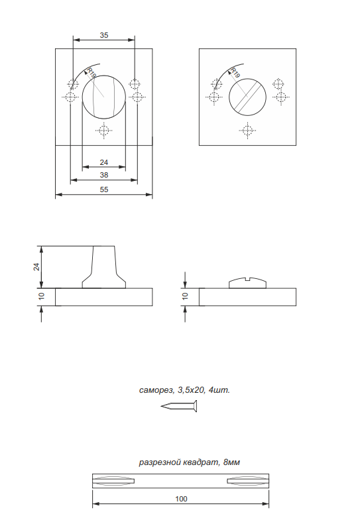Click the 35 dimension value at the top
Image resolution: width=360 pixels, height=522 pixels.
click(104, 35)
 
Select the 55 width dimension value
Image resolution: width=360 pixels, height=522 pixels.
click(104, 189)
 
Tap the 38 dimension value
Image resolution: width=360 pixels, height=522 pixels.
click(104, 175)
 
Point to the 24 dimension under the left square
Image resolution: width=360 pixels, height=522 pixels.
click(104, 162)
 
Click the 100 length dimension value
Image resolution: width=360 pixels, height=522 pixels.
click(182, 499)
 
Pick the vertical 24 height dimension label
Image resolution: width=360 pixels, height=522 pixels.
click(36, 267)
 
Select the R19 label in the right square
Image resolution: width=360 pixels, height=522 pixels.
click(235, 73)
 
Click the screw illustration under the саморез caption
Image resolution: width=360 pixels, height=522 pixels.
click(179, 406)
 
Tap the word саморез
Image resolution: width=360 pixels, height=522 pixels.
click(156, 390)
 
